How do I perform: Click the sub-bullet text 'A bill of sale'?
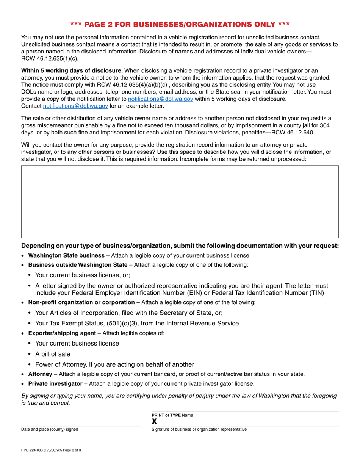click(x=53, y=354)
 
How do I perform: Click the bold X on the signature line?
click(x=154, y=421)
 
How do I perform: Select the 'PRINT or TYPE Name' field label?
click(x=172, y=415)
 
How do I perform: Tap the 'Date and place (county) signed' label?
click(x=50, y=429)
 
